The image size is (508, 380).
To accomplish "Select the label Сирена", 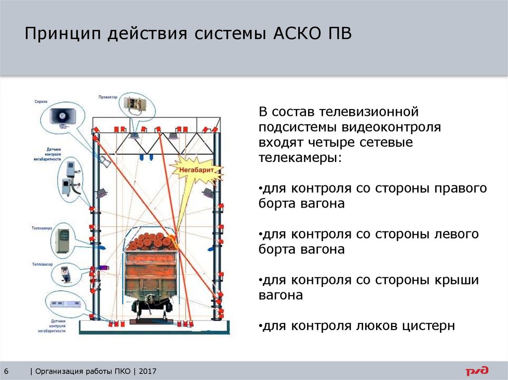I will click(41, 102).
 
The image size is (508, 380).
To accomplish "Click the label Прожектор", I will click(108, 98).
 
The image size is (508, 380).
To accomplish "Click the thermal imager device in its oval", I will click(65, 273).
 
